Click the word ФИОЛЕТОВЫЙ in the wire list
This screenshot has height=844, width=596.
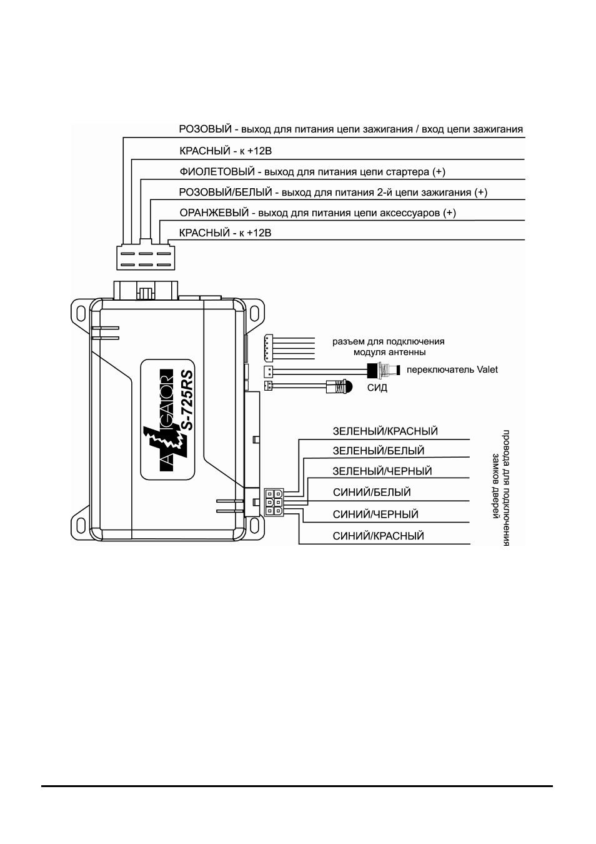(217, 172)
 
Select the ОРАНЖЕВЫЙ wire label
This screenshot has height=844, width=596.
(214, 213)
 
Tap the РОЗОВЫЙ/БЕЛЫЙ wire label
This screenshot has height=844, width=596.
(226, 193)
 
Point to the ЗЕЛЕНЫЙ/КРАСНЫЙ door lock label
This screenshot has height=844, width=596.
(385, 431)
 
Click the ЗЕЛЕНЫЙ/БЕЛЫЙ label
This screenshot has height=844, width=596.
(379, 451)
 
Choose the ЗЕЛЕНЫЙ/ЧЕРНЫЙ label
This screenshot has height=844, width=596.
(382, 471)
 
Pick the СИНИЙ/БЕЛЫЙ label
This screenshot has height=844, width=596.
(372, 492)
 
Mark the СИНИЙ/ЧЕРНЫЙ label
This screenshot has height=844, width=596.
(375, 515)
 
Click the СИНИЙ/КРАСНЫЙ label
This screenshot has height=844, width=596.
(379, 536)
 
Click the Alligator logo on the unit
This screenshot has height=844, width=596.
(166, 420)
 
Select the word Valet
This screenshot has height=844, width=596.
(487, 369)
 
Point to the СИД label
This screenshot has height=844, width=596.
(377, 388)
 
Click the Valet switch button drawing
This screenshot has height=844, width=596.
(383, 370)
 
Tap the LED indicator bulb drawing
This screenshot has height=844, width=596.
(339, 386)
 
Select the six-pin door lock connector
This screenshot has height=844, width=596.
(274, 502)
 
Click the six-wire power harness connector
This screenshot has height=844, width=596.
(146, 258)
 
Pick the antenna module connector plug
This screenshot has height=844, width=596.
(268, 347)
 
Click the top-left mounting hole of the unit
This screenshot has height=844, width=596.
(80, 313)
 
